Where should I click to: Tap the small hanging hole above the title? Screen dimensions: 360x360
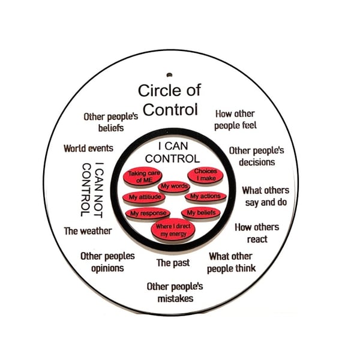[170, 75]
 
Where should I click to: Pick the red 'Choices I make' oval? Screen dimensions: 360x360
[205, 175]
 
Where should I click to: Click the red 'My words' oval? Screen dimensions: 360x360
[175, 187]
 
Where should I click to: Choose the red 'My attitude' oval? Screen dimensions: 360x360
[145, 197]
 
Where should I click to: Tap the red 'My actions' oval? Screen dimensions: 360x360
[205, 196]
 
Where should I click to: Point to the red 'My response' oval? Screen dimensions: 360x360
[146, 213]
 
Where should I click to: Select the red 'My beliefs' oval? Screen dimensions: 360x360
[201, 213]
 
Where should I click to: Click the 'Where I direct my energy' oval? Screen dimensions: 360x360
[172, 229]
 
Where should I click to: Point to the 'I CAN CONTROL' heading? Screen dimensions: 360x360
[172, 152]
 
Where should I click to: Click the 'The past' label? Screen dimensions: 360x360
[173, 263]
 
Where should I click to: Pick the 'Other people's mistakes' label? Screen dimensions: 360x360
[175, 292]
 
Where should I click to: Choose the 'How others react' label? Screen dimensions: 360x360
[257, 233]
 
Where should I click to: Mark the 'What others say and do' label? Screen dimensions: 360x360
[265, 196]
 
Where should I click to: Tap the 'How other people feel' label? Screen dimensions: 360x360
[236, 119]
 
